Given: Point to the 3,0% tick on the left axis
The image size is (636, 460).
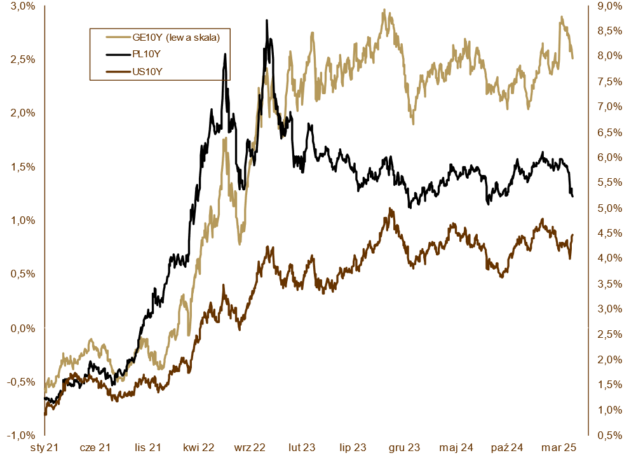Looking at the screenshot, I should [x=23, y=6].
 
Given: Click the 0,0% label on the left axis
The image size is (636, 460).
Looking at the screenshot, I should [x=23, y=328].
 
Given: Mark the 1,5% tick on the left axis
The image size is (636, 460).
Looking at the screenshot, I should [x=23, y=167].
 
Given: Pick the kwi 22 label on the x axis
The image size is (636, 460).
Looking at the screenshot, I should [x=198, y=448].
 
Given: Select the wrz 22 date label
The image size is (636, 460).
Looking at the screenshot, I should [x=250, y=448].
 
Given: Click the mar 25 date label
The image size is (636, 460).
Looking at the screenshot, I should [x=560, y=448].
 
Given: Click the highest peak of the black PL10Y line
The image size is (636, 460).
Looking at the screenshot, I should [x=267, y=20].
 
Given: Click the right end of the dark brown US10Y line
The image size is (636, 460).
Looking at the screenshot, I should [x=572, y=235].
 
